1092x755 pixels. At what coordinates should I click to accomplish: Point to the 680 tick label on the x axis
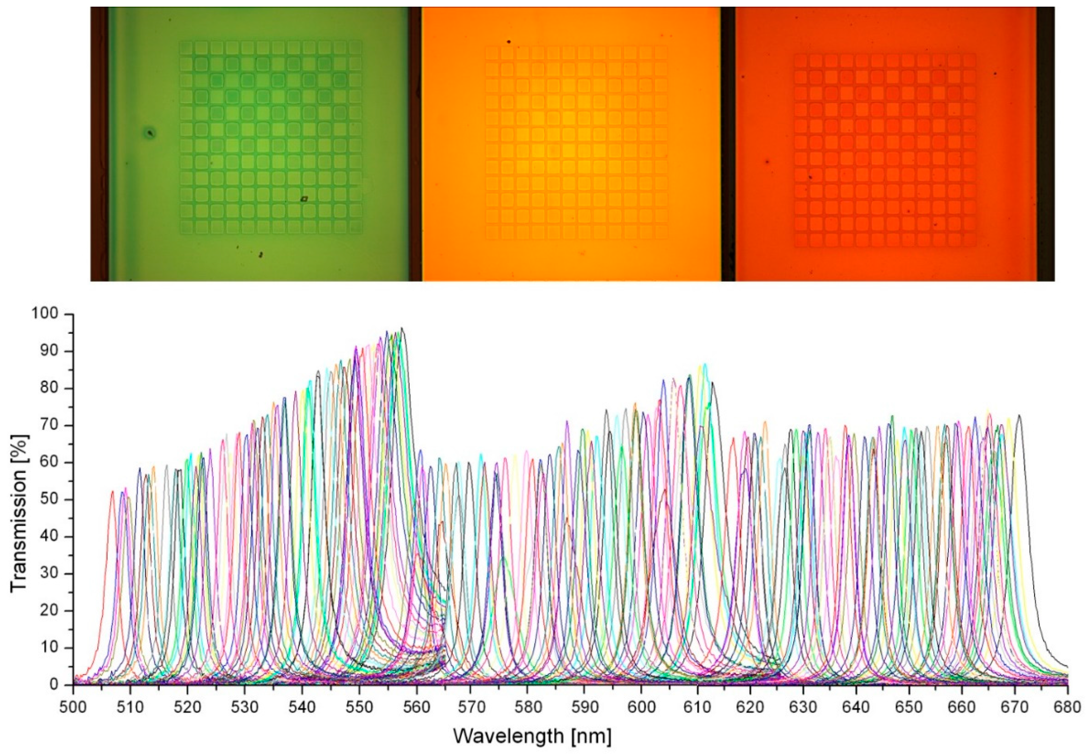[x=1068, y=707]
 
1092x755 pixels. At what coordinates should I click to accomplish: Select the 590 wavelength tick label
[x=584, y=707]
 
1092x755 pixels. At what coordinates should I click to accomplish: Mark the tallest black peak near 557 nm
[x=402, y=328]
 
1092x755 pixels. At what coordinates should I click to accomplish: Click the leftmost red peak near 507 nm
[x=113, y=492]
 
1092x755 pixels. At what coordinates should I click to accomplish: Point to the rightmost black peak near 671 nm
[x=1018, y=416]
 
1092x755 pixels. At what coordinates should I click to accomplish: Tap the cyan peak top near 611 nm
[x=705, y=365]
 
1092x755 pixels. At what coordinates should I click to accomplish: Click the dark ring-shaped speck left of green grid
[x=150, y=133]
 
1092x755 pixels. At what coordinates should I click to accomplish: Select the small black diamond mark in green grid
[x=304, y=199]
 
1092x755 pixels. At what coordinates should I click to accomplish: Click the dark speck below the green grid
[x=260, y=255]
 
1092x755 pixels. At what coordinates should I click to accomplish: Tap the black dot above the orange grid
[x=508, y=42]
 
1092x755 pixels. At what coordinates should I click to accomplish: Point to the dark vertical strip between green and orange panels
[x=415, y=143]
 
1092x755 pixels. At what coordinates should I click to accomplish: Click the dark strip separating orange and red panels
[x=728, y=143]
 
